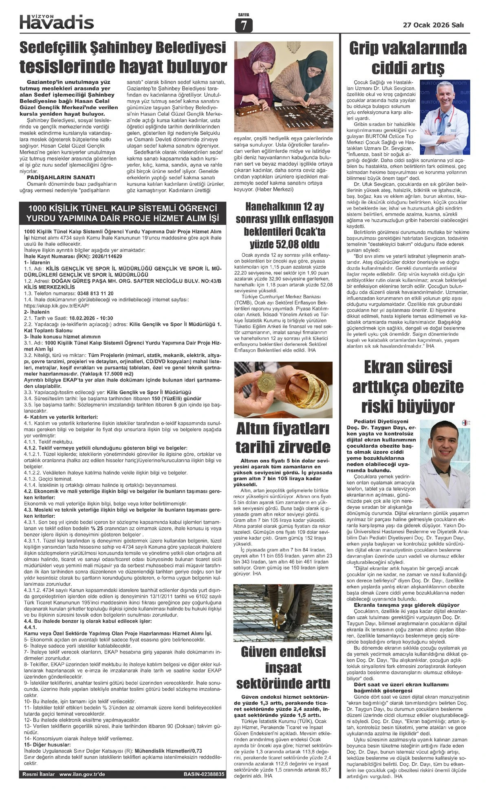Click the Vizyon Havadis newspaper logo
57,21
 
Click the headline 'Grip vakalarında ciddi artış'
407,57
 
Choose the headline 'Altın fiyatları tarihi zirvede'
283,437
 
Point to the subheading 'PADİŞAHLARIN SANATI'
61,177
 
